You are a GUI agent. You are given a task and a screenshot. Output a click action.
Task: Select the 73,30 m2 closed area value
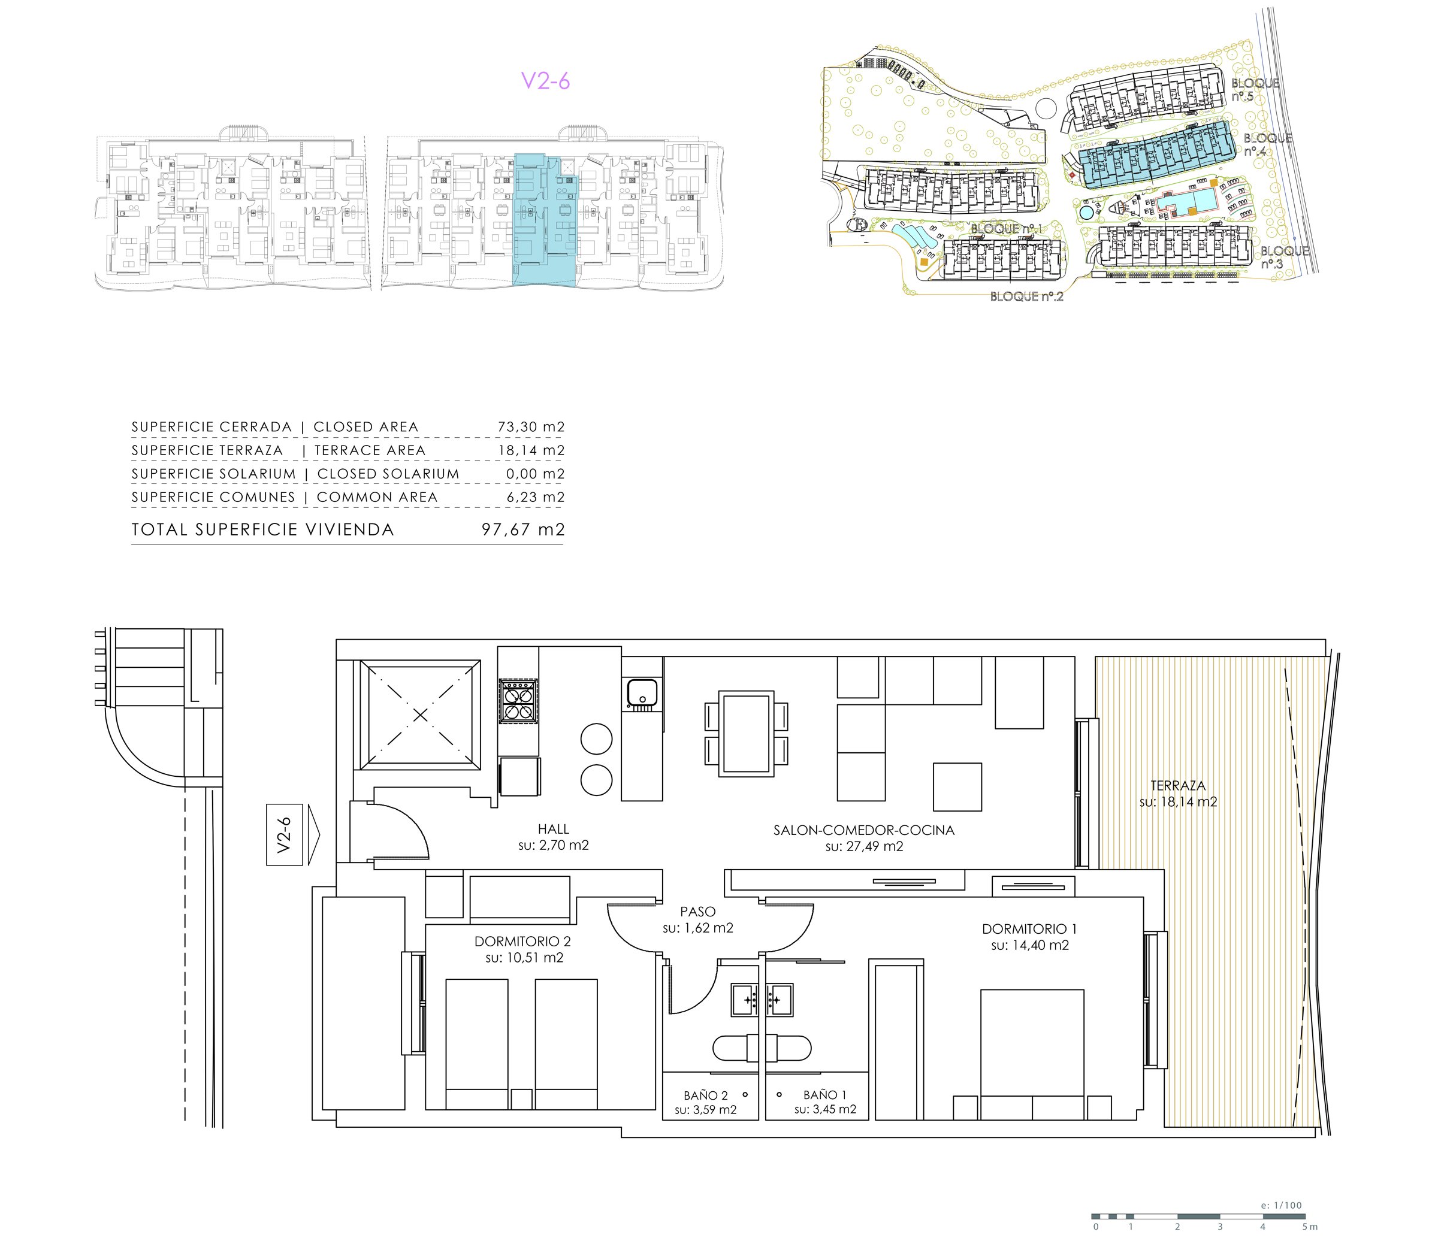pyautogui.click(x=531, y=427)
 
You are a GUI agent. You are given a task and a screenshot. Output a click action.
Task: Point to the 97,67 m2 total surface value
pyautogui.click(x=523, y=530)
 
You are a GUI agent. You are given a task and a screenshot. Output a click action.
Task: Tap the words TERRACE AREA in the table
pyautogui.click(x=369, y=451)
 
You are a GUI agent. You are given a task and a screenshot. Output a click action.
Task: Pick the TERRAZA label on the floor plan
pyautogui.click(x=1178, y=786)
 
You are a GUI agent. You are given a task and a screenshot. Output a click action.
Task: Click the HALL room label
pyautogui.click(x=553, y=829)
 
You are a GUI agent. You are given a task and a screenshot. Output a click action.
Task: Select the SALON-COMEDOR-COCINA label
pyautogui.click(x=864, y=830)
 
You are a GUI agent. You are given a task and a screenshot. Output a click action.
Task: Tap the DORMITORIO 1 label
pyautogui.click(x=1029, y=929)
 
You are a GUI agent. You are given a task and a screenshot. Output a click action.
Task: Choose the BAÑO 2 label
pyautogui.click(x=705, y=1095)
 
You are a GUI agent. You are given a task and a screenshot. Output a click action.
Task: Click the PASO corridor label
pyautogui.click(x=697, y=912)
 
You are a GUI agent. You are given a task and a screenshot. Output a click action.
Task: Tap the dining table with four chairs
pyautogui.click(x=747, y=734)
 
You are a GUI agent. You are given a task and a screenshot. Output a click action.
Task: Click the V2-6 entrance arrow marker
pyautogui.click(x=294, y=835)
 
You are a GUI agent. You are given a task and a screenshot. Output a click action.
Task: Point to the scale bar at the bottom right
pyautogui.click(x=1198, y=1216)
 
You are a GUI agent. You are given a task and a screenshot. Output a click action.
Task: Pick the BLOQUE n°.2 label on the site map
pyautogui.click(x=1027, y=297)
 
